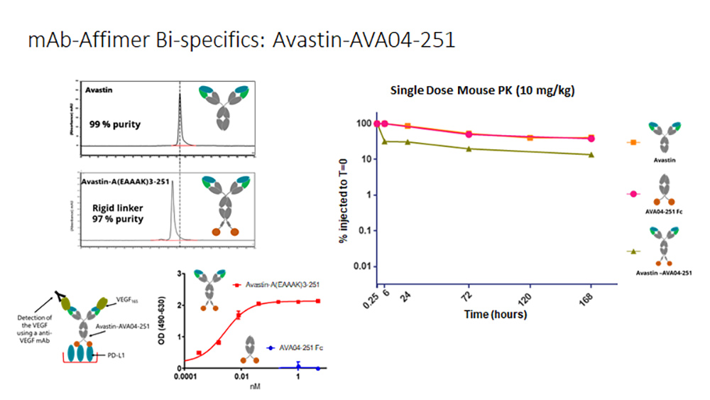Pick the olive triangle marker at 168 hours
point(591,154)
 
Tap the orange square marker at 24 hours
point(408,126)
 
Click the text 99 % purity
point(115,124)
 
